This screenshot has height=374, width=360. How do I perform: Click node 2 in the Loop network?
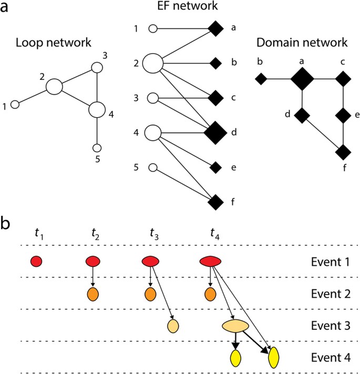coord(54,86)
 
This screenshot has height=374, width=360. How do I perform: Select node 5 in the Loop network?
coord(96,149)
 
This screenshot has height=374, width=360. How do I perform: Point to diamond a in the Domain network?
coord(302,80)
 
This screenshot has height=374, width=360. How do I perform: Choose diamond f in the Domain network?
coord(343,152)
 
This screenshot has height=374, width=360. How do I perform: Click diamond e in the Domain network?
coord(343,115)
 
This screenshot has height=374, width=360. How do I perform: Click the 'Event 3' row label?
coord(327,326)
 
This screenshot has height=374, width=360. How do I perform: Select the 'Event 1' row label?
coord(327,261)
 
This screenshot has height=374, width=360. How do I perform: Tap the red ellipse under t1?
coord(36,261)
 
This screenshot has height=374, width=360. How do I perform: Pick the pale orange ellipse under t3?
coord(172,326)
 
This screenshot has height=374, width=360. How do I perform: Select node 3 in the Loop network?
coord(96,67)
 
